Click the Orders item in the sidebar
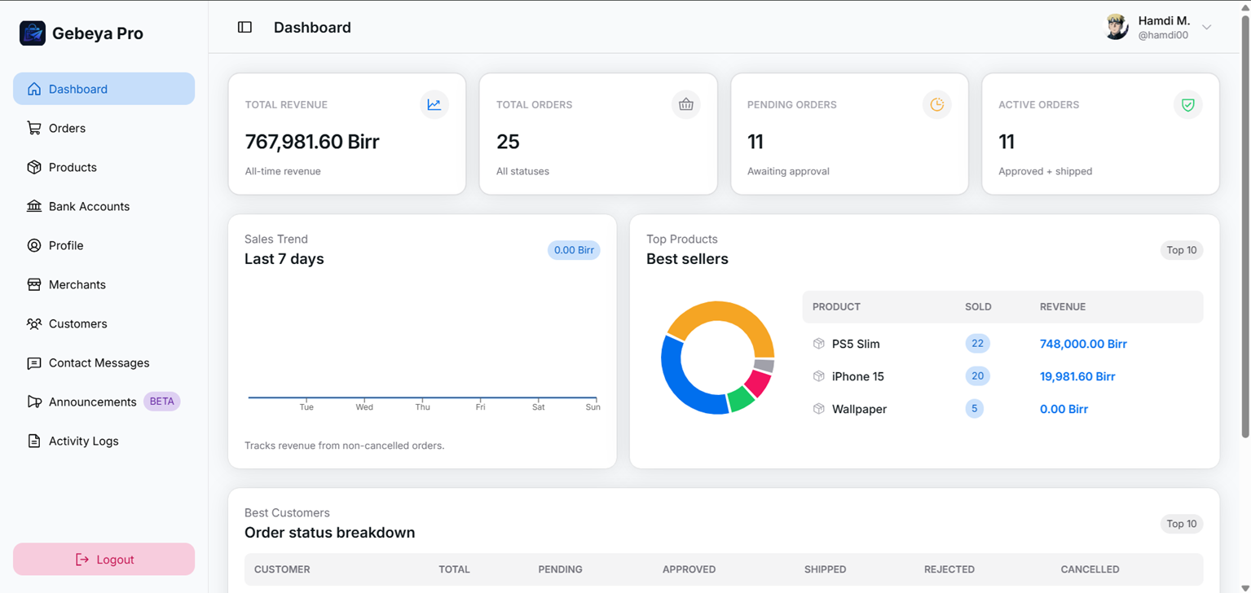[x=67, y=128]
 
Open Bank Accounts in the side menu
[x=89, y=206]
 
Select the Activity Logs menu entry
[x=83, y=441]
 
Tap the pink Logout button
[x=104, y=560]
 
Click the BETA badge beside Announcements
[x=161, y=402]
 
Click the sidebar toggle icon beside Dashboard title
[x=244, y=27]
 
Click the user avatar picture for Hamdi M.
[x=1116, y=27]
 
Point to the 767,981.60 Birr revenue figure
[x=312, y=142]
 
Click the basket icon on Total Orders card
[x=685, y=104]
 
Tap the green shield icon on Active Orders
[x=1187, y=104]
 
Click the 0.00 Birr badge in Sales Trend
[x=574, y=250]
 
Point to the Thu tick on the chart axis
[x=422, y=406]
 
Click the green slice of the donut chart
[x=740, y=399]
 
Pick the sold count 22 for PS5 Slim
[x=977, y=344]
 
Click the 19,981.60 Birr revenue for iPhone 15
[x=1077, y=376]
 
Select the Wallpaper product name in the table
[x=859, y=409]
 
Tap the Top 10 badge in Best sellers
[x=1181, y=250]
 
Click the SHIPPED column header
[x=825, y=569]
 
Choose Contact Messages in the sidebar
[x=99, y=362]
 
